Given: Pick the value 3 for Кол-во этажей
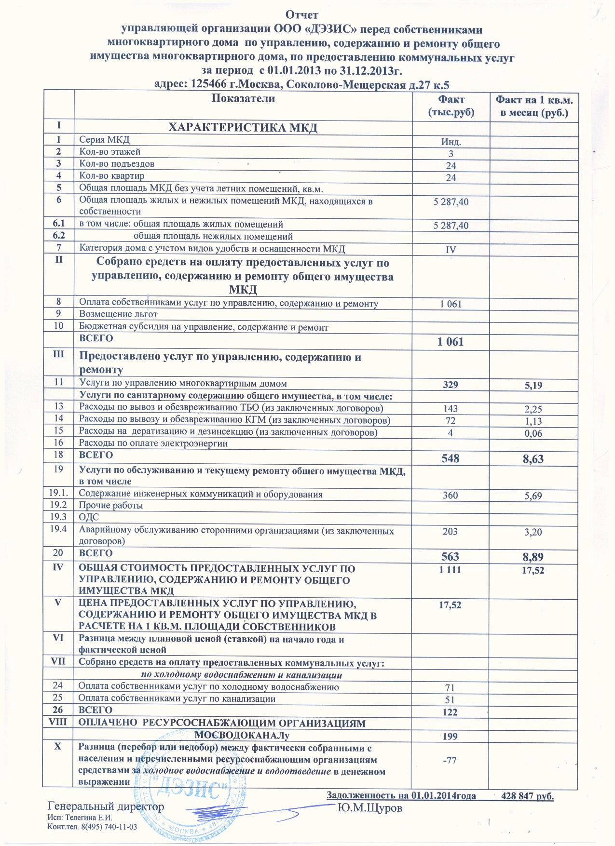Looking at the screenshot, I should [451, 154].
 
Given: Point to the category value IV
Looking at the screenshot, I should [451, 250].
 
